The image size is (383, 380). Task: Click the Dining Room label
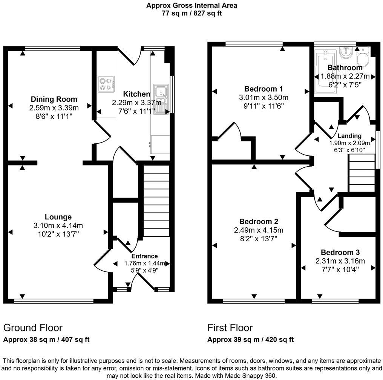(54, 100)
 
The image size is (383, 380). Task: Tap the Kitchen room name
(136, 94)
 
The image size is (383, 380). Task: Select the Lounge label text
(58, 217)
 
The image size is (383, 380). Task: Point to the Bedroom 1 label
(264, 89)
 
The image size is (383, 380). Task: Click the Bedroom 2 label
(258, 222)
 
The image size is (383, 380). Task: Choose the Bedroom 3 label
(340, 253)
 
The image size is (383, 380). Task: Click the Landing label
(349, 136)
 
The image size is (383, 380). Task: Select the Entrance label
(145, 256)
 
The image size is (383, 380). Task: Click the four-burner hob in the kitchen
(106, 84)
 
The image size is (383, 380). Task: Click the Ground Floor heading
(33, 328)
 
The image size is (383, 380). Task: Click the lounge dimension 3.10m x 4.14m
(58, 226)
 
